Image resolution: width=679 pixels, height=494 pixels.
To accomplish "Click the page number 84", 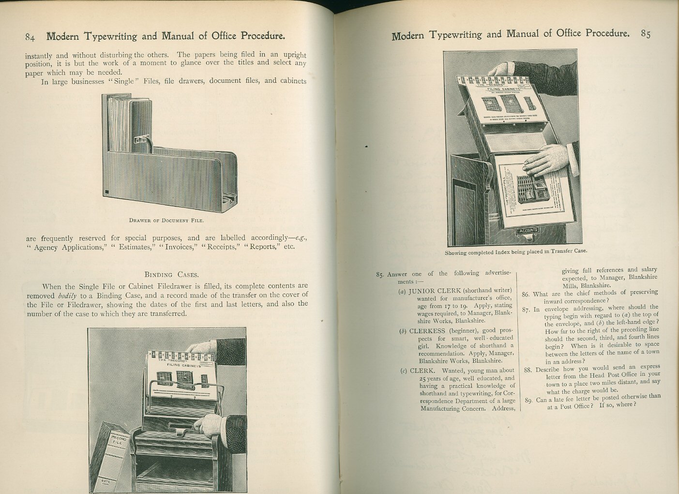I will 30,37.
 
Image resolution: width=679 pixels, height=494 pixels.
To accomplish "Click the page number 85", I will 645,34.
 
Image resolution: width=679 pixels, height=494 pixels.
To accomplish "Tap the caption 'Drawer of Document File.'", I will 166,220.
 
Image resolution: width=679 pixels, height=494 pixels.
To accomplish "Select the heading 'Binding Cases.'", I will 171,274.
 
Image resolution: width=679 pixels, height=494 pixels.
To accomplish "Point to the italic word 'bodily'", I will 67,295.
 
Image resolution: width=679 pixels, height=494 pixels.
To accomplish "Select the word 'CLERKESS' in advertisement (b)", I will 427,331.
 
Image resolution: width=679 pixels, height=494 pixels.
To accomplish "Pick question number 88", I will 528,370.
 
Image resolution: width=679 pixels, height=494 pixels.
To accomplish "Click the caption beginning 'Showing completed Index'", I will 515,251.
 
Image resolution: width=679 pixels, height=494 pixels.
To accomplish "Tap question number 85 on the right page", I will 380,275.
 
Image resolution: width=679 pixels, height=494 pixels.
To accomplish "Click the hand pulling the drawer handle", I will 212,425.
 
